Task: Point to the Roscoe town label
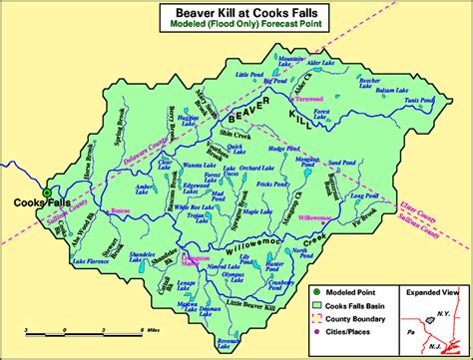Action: click(122, 212)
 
